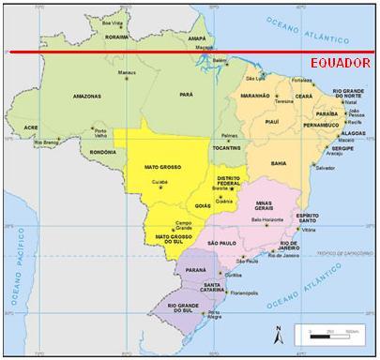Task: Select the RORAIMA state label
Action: (x=116, y=38)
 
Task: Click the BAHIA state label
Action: (x=279, y=162)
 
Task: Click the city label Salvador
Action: (x=325, y=168)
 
